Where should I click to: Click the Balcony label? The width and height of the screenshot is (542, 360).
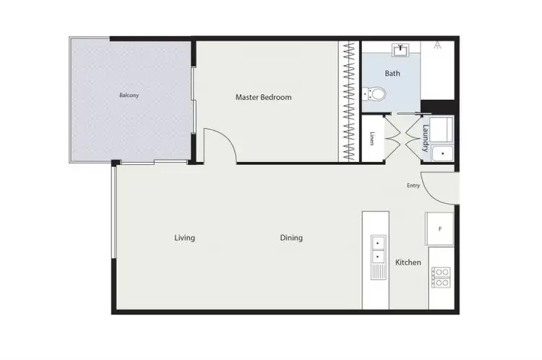click(x=129, y=95)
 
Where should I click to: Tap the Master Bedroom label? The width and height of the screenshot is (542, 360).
click(x=263, y=97)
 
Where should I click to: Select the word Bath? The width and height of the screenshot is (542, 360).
click(x=392, y=73)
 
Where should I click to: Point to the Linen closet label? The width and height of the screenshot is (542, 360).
click(x=371, y=137)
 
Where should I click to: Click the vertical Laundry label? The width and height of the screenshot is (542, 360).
click(x=426, y=137)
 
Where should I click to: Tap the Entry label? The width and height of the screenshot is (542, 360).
click(x=413, y=186)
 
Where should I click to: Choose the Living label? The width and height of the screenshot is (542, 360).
click(x=184, y=238)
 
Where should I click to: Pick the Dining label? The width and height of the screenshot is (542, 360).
click(x=291, y=238)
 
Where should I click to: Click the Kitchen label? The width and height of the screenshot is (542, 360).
click(x=408, y=262)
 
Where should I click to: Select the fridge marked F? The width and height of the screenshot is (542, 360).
click(x=440, y=229)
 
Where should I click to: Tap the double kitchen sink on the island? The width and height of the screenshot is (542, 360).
click(x=378, y=249)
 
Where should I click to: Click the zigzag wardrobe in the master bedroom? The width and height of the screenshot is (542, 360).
click(x=350, y=102)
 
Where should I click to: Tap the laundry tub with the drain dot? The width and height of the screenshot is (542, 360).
click(x=442, y=154)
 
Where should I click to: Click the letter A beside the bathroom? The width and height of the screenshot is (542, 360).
click(x=438, y=46)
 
